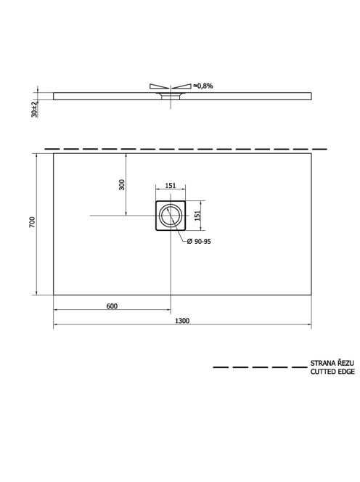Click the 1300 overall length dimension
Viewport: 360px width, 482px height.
(182, 321)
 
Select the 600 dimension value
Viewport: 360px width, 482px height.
(112, 306)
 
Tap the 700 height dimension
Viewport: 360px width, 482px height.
(32, 222)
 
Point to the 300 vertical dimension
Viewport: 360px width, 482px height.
(122, 184)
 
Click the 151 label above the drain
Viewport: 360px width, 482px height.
(171, 186)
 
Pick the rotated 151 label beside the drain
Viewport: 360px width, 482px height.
(197, 215)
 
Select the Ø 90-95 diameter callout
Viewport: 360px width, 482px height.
(199, 242)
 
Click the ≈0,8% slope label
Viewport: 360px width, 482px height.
(203, 86)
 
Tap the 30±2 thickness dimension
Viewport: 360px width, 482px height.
(34, 110)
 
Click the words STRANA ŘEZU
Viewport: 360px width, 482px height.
(332, 363)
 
